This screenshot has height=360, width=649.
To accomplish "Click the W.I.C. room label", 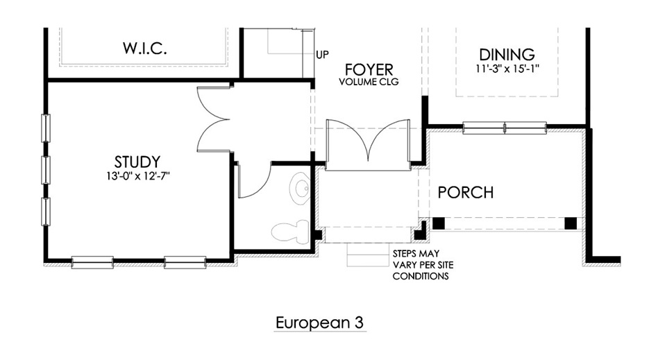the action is click(x=145, y=49).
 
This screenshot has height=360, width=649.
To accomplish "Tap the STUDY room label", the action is click(x=137, y=162).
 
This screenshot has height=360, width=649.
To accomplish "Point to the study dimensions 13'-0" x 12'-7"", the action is click(x=138, y=176).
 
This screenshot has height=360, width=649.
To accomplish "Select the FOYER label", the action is click(x=369, y=69).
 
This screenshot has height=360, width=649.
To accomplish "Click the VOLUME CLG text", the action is click(x=369, y=82).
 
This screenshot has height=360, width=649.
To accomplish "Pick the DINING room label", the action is click(x=507, y=54).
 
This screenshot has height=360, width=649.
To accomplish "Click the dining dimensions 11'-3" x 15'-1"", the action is click(x=507, y=68).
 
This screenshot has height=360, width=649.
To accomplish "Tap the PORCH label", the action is click(x=466, y=192).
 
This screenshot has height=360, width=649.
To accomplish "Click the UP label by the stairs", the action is click(x=323, y=55).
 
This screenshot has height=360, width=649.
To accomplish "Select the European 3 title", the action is click(x=319, y=323).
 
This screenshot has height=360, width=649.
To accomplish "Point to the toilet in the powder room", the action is click(x=290, y=230).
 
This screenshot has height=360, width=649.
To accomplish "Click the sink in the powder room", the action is click(x=300, y=189).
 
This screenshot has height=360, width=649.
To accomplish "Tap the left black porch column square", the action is click(x=439, y=223).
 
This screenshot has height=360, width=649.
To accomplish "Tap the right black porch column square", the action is click(x=571, y=223).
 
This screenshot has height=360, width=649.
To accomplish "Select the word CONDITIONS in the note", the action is click(x=421, y=276).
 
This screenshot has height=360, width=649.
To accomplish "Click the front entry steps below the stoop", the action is click(x=368, y=255).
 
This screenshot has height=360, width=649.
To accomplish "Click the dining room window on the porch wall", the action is click(x=505, y=128).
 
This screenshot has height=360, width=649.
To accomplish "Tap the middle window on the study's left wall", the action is click(x=46, y=170).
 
